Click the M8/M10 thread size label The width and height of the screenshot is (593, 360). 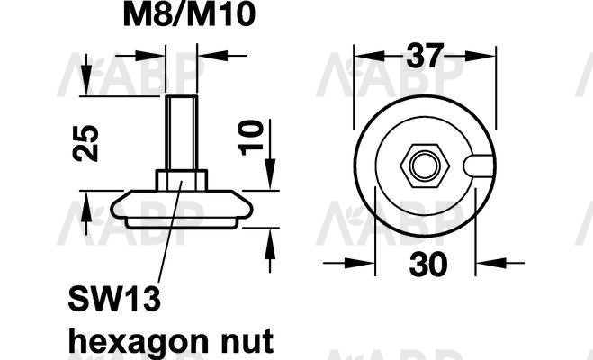(x=189, y=14)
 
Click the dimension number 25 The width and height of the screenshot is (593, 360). (x=85, y=143)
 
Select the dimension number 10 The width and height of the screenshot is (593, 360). (x=250, y=138)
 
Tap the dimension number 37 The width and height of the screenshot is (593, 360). (x=425, y=56)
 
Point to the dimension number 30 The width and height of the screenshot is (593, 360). (x=428, y=264)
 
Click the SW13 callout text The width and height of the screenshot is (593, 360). (x=114, y=299)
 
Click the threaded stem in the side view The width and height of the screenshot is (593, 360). (x=182, y=133)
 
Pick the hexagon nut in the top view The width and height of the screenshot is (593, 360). (x=425, y=166)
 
